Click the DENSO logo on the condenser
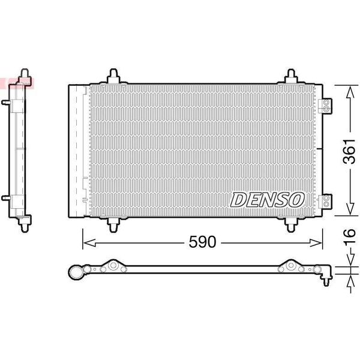coord(267,200)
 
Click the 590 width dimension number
coord(202,242)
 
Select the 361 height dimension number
coord(349,151)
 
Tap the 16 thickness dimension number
coord(349,236)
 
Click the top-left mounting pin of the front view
coord(113,76)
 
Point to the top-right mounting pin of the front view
coord(291,76)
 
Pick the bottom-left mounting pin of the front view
coord(113,225)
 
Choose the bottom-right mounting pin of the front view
coord(291,225)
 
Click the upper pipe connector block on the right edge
coord(325,106)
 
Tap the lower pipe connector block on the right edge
coord(325,201)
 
